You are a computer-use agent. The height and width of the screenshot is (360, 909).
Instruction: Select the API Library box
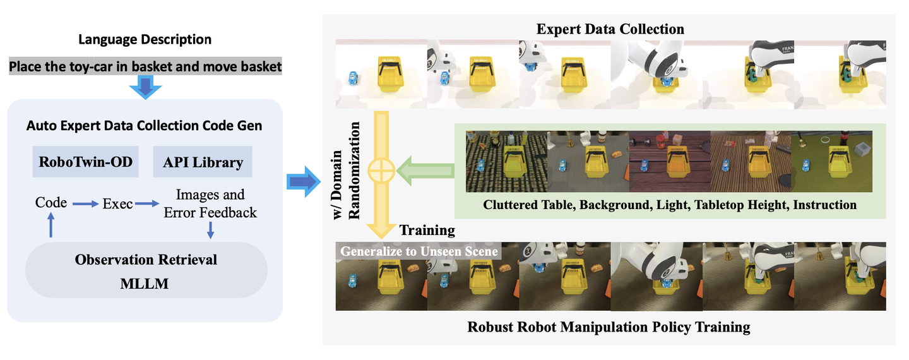pyautogui.click(x=203, y=162)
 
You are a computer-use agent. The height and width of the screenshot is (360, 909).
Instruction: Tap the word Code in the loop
pyautogui.click(x=51, y=203)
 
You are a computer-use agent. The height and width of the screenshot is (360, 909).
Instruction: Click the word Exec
pyautogui.click(x=118, y=203)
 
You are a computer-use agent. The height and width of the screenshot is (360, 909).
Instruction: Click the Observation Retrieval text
pyautogui.click(x=146, y=260)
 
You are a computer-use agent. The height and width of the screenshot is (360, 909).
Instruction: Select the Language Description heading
pyautogui.click(x=145, y=39)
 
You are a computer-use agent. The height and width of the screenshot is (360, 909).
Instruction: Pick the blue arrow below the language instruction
pyautogui.click(x=145, y=87)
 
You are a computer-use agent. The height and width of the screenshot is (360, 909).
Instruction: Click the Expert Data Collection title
pyautogui.click(x=610, y=29)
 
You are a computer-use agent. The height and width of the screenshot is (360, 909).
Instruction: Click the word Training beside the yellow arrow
pyautogui.click(x=427, y=229)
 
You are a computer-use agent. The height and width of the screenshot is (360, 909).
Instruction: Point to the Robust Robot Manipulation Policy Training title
pyautogui.click(x=609, y=327)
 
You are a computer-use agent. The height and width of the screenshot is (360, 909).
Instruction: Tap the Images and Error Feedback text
pyautogui.click(x=210, y=203)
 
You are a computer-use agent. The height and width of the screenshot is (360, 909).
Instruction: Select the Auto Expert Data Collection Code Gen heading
pyautogui.click(x=145, y=126)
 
